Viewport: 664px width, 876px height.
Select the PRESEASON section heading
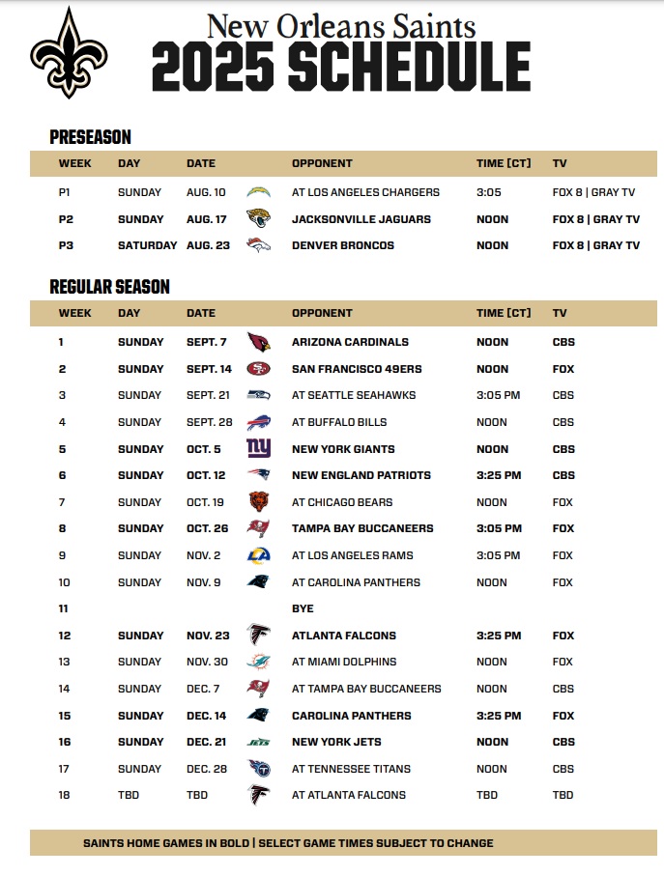(x=90, y=137)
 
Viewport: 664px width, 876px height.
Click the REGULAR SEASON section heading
(x=109, y=287)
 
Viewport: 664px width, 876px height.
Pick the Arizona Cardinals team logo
(x=258, y=342)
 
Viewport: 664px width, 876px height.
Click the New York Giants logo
(x=258, y=449)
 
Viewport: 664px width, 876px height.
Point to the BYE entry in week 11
(x=303, y=608)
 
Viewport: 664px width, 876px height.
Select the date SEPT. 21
(x=208, y=395)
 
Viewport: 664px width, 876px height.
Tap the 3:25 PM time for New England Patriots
(x=499, y=475)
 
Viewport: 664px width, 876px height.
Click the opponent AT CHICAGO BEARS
(x=344, y=502)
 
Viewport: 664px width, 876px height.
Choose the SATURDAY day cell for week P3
(x=147, y=245)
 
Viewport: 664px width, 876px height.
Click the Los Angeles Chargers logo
(x=258, y=192)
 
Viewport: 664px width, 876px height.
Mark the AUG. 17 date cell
(x=208, y=219)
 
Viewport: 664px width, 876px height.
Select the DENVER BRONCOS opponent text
(x=343, y=245)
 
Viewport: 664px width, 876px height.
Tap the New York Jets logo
(x=258, y=742)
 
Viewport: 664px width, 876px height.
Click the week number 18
(x=64, y=795)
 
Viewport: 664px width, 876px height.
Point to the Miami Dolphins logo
(x=258, y=662)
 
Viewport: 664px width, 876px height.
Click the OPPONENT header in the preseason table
(x=322, y=163)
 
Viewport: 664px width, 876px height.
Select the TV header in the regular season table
(x=560, y=313)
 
